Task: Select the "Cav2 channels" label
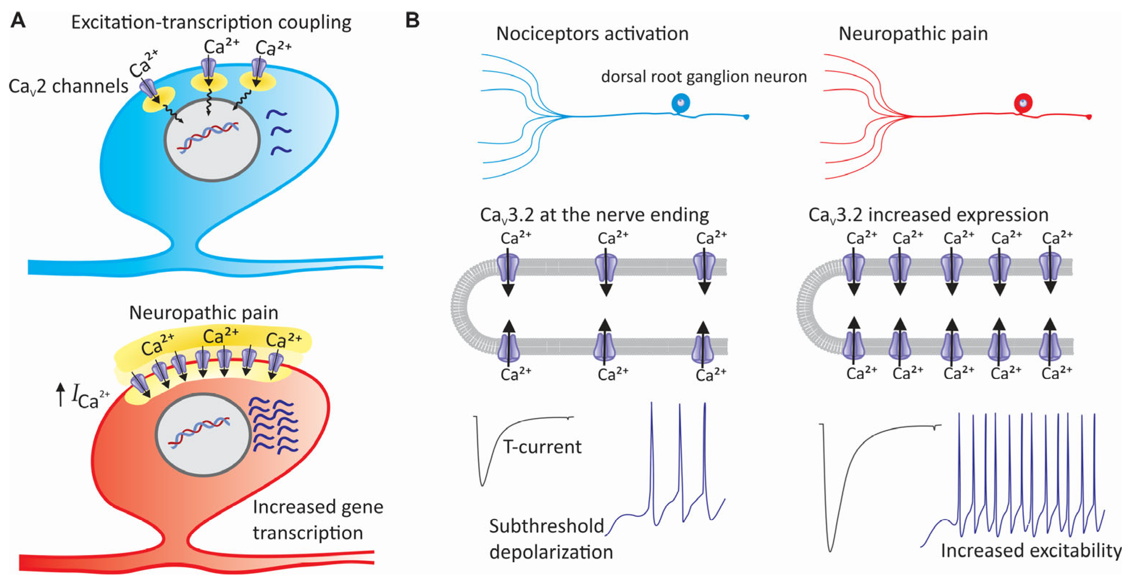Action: pyautogui.click(x=68, y=86)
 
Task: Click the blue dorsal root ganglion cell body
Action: pyautogui.click(x=681, y=104)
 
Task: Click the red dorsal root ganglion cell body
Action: pyautogui.click(x=1023, y=104)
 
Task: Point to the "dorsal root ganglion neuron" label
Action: pyautogui.click(x=704, y=77)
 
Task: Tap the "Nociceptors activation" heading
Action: pyautogui.click(x=592, y=34)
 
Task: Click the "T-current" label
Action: pyautogui.click(x=542, y=447)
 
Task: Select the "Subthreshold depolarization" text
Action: pyautogui.click(x=551, y=539)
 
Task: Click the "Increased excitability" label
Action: pyautogui.click(x=1031, y=551)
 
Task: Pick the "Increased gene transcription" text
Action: pyautogui.click(x=318, y=520)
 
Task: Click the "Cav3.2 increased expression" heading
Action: pyautogui.click(x=928, y=215)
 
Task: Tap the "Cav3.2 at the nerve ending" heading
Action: pyautogui.click(x=594, y=215)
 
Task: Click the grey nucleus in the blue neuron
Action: pyautogui.click(x=212, y=140)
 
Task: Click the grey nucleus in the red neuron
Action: pyautogui.click(x=203, y=435)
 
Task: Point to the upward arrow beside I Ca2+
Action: pyautogui.click(x=60, y=394)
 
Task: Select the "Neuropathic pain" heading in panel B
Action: pyautogui.click(x=913, y=34)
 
